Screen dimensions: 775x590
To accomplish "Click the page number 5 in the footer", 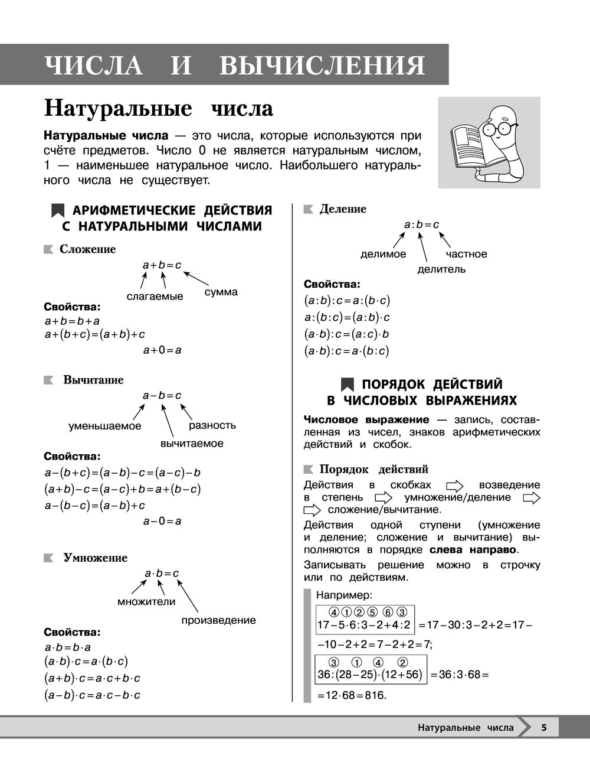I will coord(544,727).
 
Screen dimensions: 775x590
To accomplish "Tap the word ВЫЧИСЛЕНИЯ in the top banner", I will coord(322,65).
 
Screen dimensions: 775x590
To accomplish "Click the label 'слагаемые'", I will coord(155,296).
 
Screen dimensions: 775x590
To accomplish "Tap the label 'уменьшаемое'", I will coord(105,426).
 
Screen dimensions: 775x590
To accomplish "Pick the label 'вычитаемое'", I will coord(192,443).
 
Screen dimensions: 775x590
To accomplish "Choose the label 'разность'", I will coord(212,425).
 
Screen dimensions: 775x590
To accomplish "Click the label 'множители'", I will coord(146,602).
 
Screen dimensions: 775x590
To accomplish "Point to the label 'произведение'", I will coord(218,620).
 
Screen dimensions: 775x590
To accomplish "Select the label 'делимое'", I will coord(383,254).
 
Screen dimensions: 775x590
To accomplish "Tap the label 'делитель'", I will coord(441,269).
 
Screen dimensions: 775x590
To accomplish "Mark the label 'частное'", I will coord(467,254).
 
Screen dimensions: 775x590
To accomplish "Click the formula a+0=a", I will coord(162,350).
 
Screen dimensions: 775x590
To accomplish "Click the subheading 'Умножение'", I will coord(95,558).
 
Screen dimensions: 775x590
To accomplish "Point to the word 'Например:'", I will coord(344,594).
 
